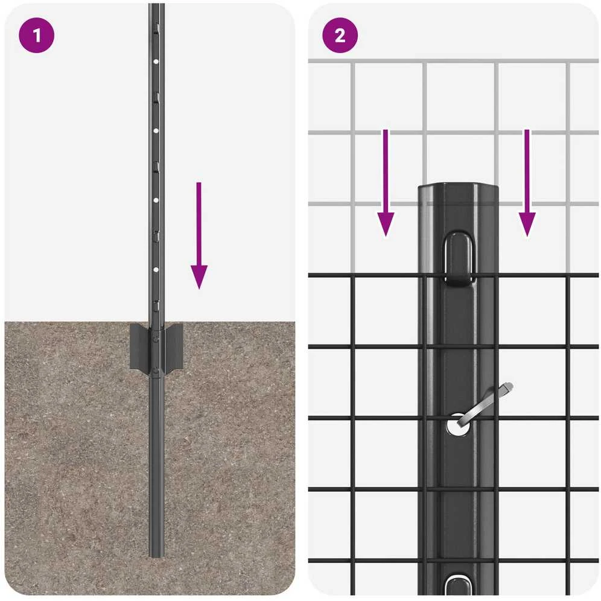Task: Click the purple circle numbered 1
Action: [x=36, y=35]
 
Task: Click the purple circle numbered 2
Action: [x=340, y=35]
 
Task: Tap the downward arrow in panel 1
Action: [x=199, y=235]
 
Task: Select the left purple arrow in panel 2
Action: [x=386, y=183]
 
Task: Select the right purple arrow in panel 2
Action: [x=527, y=183]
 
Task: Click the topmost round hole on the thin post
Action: [x=156, y=62]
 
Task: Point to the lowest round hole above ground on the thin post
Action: [x=156, y=270]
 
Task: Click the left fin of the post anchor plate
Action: [x=139, y=346]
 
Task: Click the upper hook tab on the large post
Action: [x=459, y=258]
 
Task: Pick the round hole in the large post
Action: [x=458, y=425]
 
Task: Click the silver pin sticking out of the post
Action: [x=485, y=404]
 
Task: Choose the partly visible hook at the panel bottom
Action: [x=459, y=585]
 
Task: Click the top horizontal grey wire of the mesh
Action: [x=453, y=61]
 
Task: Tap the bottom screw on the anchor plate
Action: [x=156, y=370]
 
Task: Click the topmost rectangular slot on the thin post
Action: [x=156, y=28]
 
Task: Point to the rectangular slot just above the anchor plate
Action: [x=156, y=306]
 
